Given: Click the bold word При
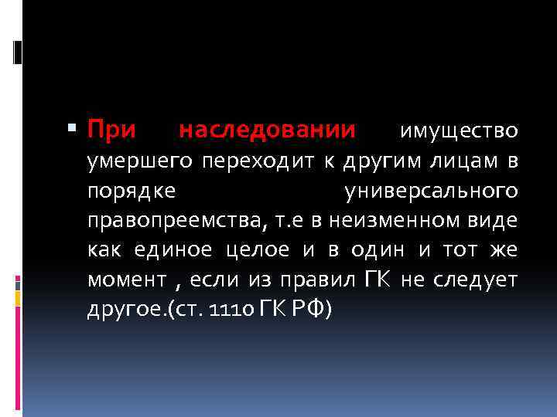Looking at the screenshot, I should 111,130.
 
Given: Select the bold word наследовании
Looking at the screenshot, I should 267,130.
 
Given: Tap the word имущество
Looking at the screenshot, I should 458,132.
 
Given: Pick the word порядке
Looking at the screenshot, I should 131,191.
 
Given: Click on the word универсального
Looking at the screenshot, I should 429,191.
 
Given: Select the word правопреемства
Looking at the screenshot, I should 179,221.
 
